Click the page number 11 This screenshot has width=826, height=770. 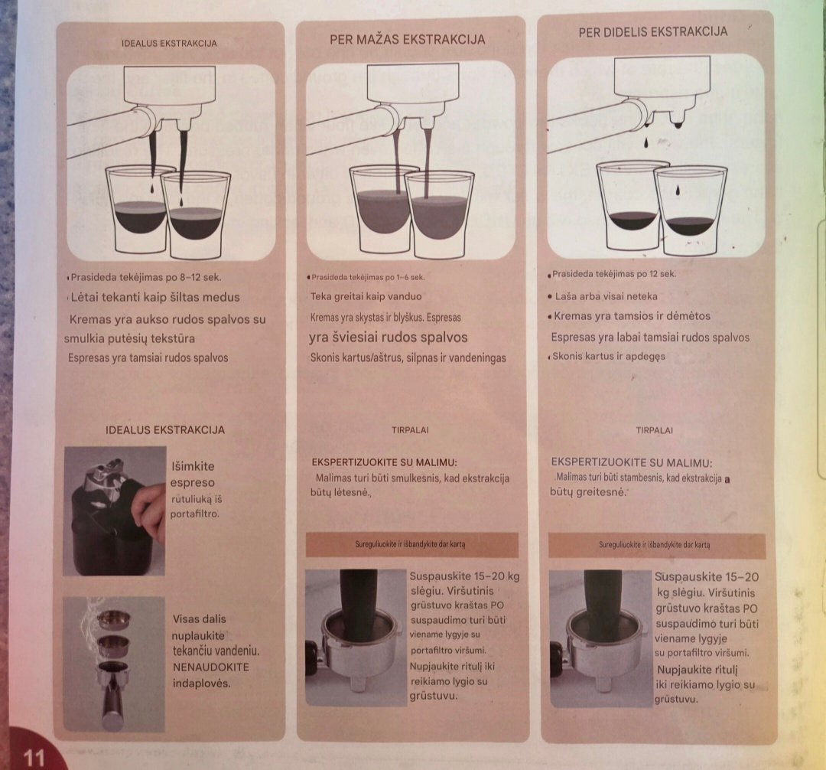(34, 757)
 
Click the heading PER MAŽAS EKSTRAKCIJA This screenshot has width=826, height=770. (407, 40)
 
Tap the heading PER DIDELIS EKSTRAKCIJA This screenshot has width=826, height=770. (652, 31)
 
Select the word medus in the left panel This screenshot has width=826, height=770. (221, 297)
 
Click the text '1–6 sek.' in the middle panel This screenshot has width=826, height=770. (410, 277)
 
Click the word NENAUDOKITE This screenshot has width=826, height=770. (211, 667)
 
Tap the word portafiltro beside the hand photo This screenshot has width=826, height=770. (194, 514)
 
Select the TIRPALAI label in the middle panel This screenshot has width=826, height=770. (410, 430)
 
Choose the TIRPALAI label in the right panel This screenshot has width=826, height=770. (654, 430)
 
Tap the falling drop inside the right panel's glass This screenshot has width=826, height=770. (677, 189)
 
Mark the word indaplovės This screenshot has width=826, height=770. (202, 684)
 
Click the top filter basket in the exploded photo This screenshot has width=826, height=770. (114, 618)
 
